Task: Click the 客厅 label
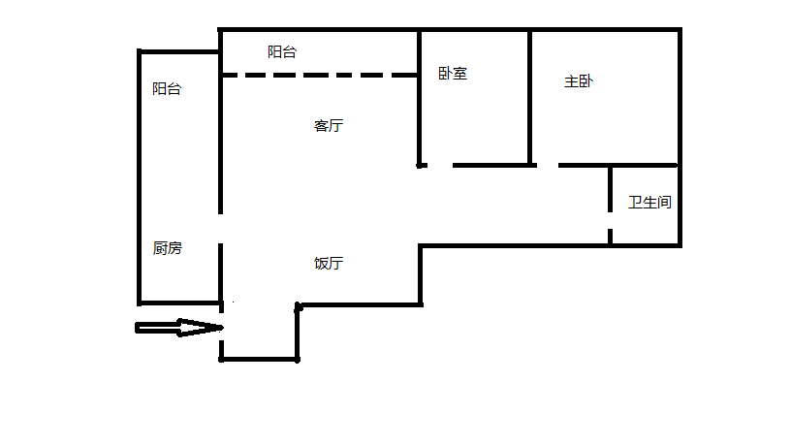point(329,126)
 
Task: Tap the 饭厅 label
point(329,264)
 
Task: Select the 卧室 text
point(453,73)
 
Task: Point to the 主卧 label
point(579,82)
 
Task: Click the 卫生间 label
point(649,203)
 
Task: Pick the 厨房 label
point(167,248)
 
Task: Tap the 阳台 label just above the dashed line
point(282,52)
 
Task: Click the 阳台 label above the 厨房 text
point(167,89)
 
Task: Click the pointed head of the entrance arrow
point(219,328)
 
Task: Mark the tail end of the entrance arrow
point(139,328)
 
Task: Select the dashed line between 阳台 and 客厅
point(320,75)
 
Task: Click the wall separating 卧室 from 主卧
point(530,97)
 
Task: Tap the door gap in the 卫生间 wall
point(611,221)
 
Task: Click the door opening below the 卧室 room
point(439,165)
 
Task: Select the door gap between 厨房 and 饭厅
point(221,229)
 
